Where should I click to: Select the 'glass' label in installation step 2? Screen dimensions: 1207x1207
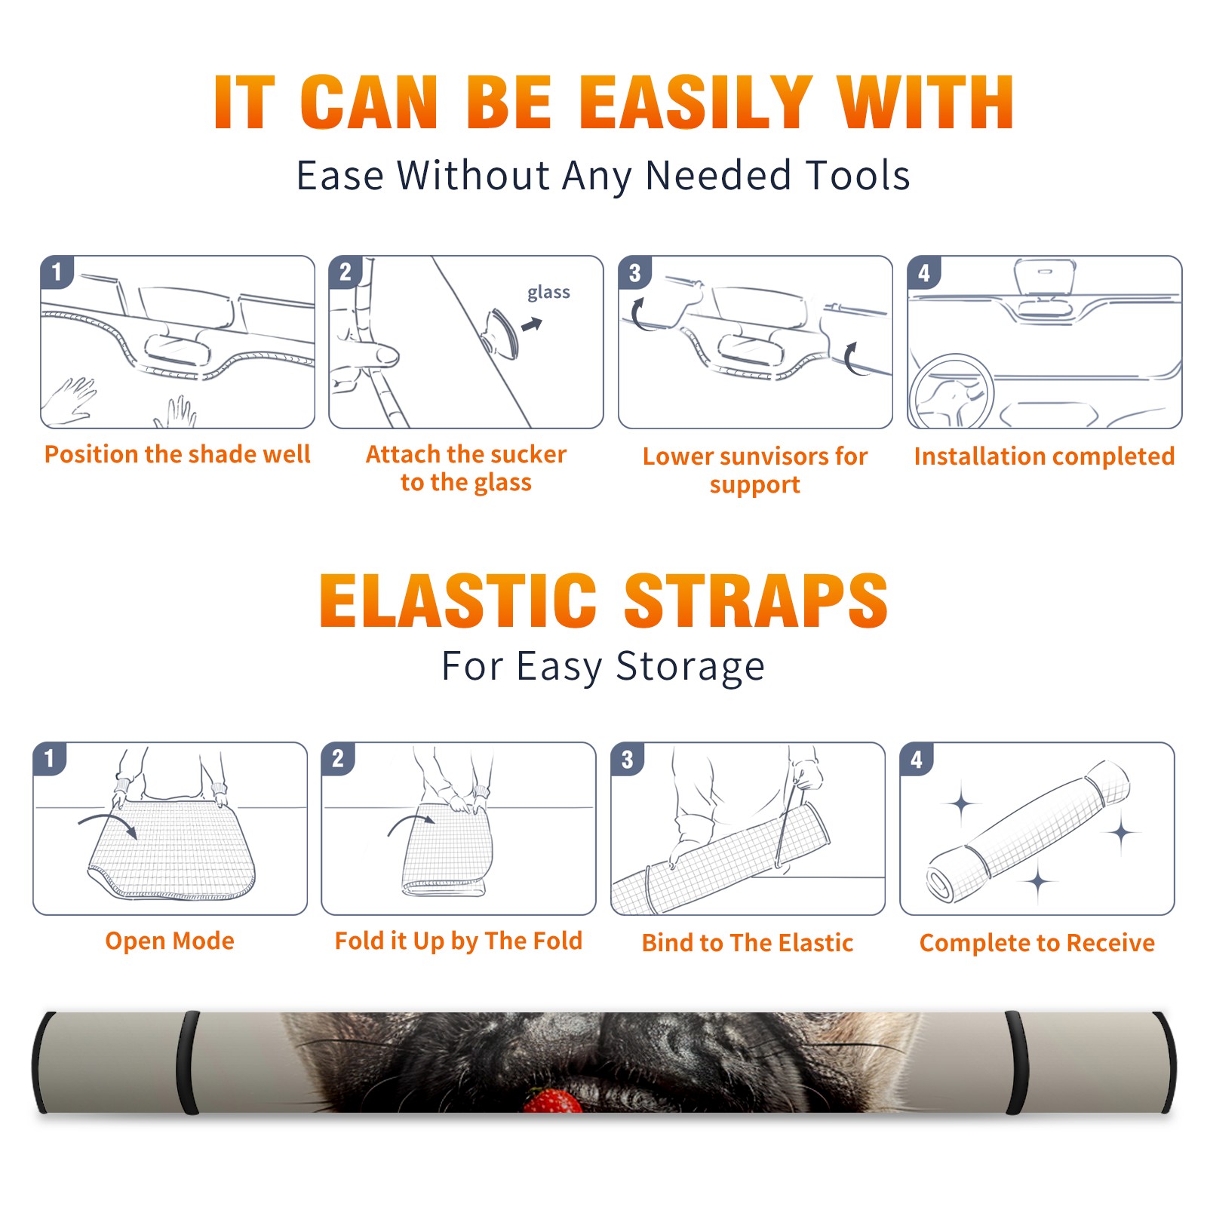(548, 293)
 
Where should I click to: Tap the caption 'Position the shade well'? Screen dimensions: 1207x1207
(177, 454)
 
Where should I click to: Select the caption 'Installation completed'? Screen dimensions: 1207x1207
(1044, 456)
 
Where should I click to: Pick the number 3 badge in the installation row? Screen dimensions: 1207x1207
(634, 272)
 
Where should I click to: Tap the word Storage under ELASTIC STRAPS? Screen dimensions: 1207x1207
(690, 667)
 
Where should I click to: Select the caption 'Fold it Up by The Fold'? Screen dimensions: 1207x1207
(459, 941)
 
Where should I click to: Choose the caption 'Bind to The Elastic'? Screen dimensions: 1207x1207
(748, 943)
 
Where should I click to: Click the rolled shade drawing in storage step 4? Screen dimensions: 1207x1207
(1029, 831)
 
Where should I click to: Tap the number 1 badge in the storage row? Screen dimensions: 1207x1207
(50, 758)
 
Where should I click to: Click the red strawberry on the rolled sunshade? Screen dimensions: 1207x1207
(552, 1100)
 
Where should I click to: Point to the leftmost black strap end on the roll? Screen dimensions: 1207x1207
(41, 1062)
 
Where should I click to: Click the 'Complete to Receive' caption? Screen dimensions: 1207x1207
(1037, 943)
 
